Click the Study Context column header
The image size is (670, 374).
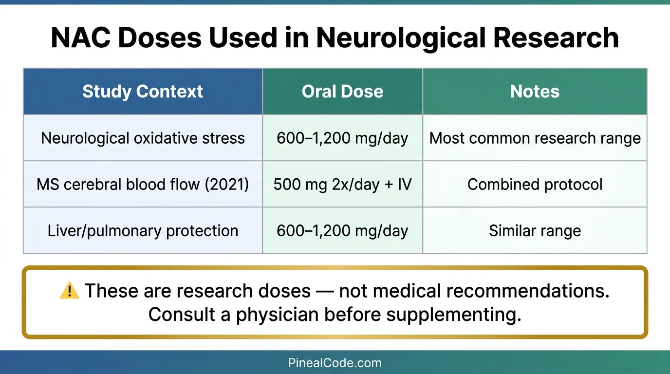tap(143, 92)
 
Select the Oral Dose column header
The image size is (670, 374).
tap(342, 92)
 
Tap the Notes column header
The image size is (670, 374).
tap(535, 92)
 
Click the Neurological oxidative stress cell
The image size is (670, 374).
tap(143, 138)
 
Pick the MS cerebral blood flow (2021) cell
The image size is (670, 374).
tap(143, 185)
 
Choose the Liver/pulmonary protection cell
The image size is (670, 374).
tap(143, 231)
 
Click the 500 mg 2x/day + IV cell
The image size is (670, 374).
tap(342, 185)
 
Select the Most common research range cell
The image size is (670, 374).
tap(535, 138)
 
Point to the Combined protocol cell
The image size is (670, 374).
tap(535, 185)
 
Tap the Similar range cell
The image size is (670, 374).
tap(535, 231)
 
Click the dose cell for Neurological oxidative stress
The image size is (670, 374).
tap(342, 138)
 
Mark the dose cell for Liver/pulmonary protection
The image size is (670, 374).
tap(342, 231)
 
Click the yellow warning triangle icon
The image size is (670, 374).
tap(69, 291)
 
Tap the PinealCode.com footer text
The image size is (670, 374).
tap(335, 363)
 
